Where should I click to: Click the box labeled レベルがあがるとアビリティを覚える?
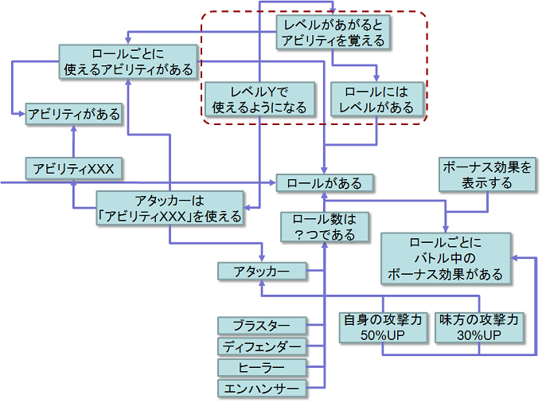coord(333,32)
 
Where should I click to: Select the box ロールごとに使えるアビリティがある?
coord(128,61)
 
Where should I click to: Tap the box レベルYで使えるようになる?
coord(259,99)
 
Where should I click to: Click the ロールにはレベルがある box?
coord(376,99)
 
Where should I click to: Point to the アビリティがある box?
coord(73,114)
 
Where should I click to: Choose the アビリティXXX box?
coord(73,168)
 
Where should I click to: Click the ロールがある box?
coord(324,183)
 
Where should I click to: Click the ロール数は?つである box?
coord(324,226)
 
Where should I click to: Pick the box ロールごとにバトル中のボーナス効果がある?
coord(445,258)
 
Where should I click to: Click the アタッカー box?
coord(262,272)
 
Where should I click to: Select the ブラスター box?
coord(262,325)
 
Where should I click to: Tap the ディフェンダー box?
coord(262,346)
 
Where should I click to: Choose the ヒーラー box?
coord(262,367)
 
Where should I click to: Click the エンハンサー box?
coord(262,389)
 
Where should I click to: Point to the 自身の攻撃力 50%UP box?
coord(384,327)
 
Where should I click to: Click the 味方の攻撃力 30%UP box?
coord(481,327)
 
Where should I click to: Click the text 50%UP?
coord(384,335)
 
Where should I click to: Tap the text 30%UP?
coord(481,335)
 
